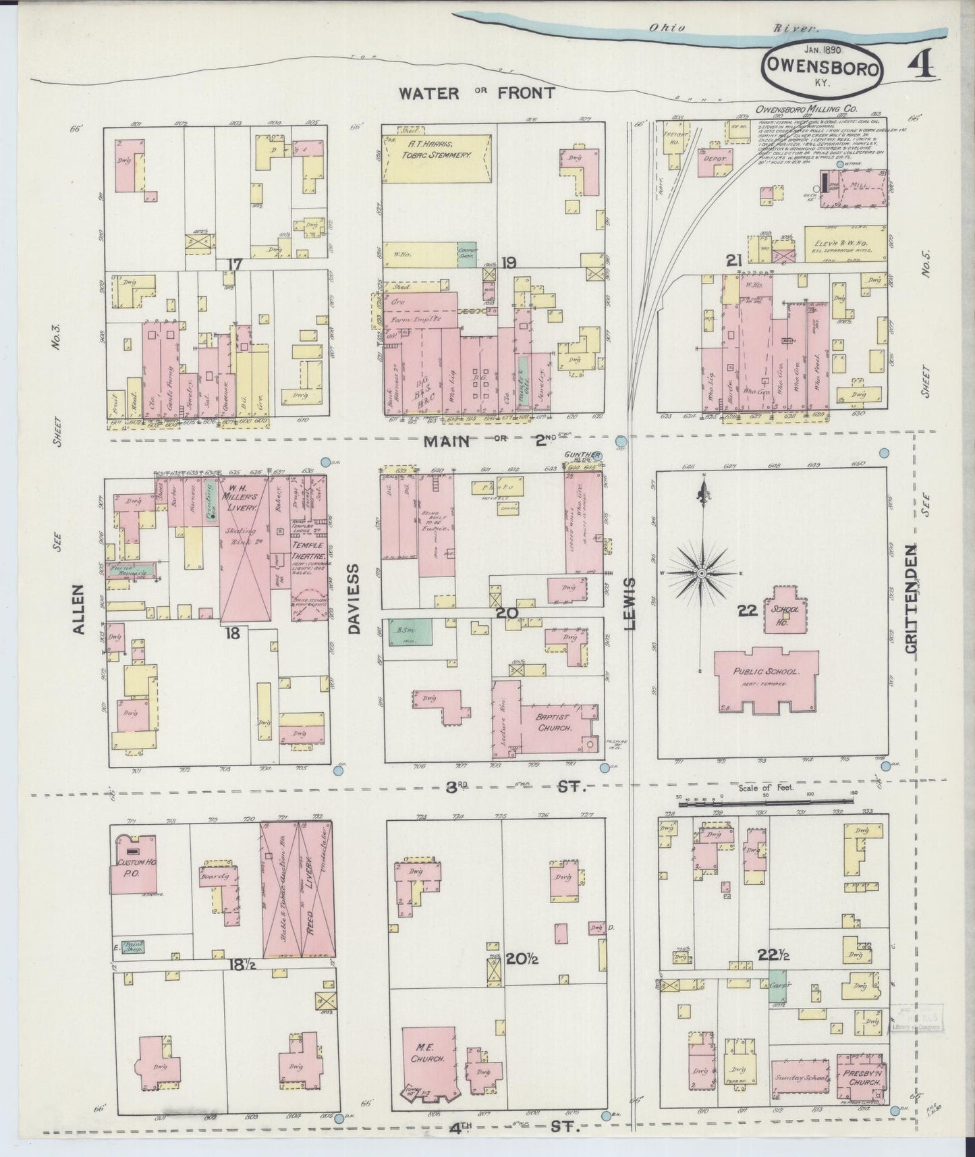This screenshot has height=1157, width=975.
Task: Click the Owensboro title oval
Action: tap(822, 67)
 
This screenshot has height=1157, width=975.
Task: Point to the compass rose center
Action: tap(702, 573)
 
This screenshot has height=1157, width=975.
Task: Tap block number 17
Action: tap(233, 264)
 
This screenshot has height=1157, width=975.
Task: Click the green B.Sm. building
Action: tap(406, 630)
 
